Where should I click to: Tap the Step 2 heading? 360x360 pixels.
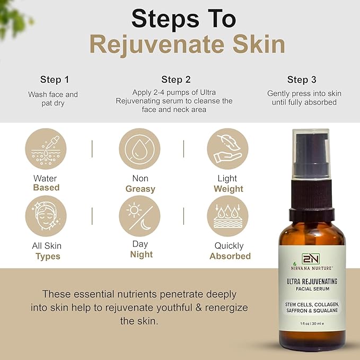coord(176,80)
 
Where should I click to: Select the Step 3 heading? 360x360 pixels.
coord(302,80)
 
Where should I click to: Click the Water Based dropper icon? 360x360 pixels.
coord(46,149)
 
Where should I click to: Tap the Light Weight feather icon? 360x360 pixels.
coord(227,149)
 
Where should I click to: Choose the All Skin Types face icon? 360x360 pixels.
coord(46,215)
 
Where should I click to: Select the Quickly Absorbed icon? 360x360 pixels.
coord(227,215)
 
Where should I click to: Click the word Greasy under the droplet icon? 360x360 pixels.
coord(140,189)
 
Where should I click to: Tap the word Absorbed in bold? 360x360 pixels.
coord(230,256)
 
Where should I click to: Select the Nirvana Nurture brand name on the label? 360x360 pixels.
coord(312,267)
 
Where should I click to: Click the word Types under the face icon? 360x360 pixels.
coord(48,256)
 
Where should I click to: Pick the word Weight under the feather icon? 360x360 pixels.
coord(228,189)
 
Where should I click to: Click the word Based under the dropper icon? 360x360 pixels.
coord(46,188)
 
